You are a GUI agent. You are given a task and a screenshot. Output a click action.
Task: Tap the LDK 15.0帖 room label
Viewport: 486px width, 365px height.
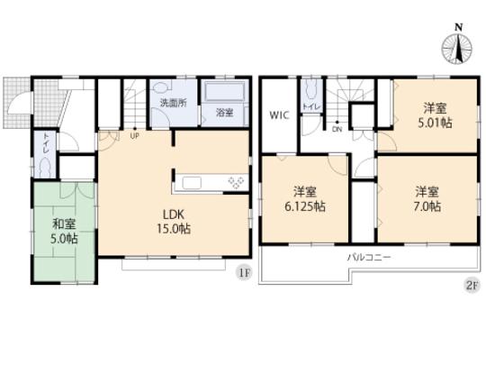point(175,222)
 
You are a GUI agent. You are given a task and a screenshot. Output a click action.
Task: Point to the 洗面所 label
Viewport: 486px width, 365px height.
point(173,104)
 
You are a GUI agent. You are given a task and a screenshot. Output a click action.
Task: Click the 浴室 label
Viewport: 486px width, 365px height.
point(224,113)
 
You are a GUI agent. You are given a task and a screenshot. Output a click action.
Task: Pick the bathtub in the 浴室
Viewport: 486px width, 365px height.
point(225,94)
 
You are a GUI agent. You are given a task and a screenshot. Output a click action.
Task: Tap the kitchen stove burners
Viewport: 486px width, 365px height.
point(236,183)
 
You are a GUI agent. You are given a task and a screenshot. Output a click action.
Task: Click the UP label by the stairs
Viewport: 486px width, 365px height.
point(135,137)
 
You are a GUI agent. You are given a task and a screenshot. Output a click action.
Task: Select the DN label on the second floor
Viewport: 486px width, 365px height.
point(337,129)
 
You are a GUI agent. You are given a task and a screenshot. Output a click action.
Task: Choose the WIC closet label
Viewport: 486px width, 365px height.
point(279,115)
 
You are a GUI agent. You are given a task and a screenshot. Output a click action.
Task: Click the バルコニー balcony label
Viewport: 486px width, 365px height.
point(369,258)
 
